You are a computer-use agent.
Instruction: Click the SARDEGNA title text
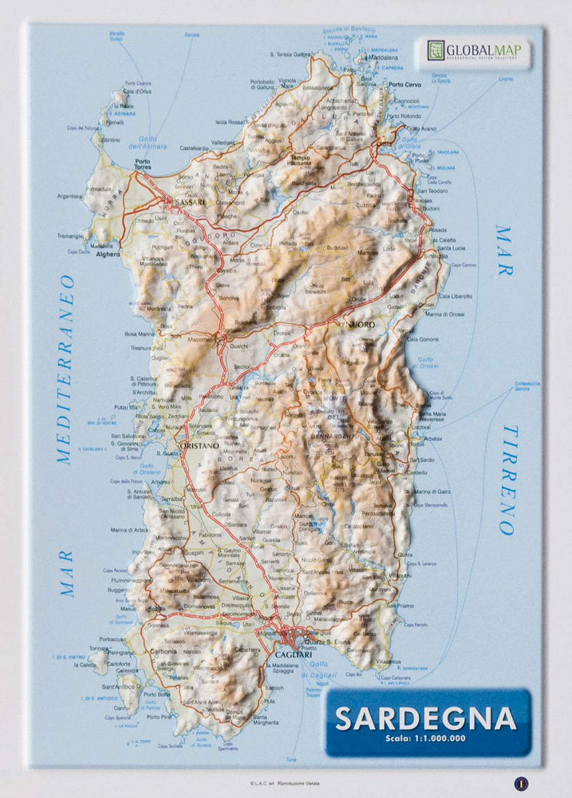coord(425,718)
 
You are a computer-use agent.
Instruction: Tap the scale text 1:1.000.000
coord(425,738)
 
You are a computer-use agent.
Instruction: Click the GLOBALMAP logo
coord(474,51)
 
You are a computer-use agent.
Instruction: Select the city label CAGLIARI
coord(293,654)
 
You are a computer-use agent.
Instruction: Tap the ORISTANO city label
coord(198,445)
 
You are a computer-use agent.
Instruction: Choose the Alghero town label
coord(108,254)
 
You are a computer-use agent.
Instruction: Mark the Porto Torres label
coord(142,164)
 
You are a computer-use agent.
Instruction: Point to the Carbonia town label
coord(163,651)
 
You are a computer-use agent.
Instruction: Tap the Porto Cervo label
coord(404,84)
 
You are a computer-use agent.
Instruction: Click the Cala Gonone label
coord(422,339)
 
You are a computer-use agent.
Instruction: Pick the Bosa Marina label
coord(139,334)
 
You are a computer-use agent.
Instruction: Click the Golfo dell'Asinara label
coord(152,142)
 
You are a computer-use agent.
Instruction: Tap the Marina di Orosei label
coord(444,314)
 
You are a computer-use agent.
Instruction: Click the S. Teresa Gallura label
coord(289,54)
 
